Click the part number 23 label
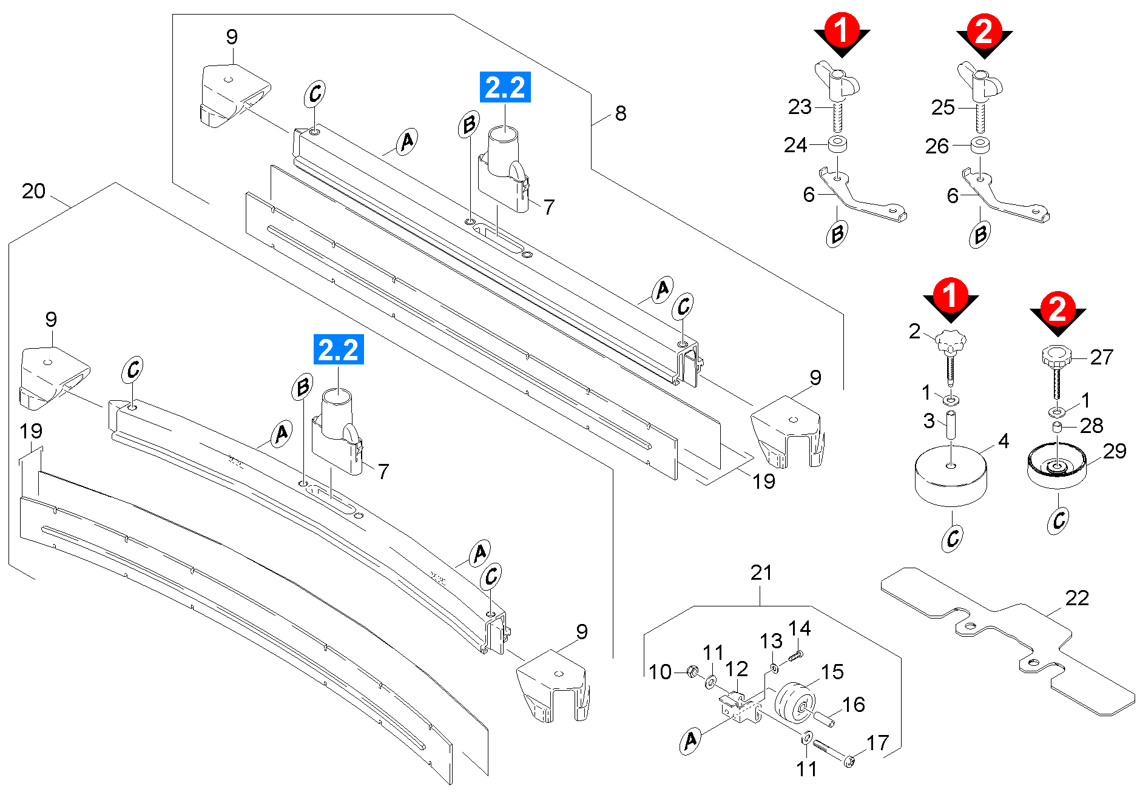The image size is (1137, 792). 800,107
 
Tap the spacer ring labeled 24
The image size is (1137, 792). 838,144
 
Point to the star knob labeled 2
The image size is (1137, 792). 950,345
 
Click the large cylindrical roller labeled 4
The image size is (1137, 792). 950,476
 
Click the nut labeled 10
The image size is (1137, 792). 691,671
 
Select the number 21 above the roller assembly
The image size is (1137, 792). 761,573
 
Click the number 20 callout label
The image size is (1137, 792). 33,192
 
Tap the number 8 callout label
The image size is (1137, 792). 620,113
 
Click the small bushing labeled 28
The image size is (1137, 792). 1057,428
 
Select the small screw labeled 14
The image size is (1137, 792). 795,656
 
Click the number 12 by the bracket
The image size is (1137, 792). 736,670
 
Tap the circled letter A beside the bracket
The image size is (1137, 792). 690,741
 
